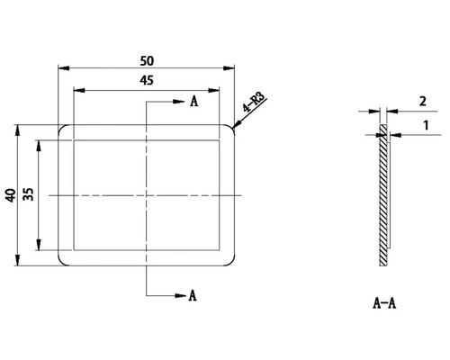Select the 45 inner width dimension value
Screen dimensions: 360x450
pos(147,81)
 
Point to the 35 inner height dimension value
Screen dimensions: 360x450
pos(29,194)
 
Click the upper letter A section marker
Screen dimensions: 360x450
pos(193,102)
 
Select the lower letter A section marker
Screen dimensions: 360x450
pos(192,294)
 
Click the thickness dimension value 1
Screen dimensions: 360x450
pos(423,129)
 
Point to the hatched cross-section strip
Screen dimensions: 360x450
pos(384,198)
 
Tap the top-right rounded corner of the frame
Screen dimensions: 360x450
pos(231,129)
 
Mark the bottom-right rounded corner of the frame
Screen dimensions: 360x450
pos(231,262)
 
